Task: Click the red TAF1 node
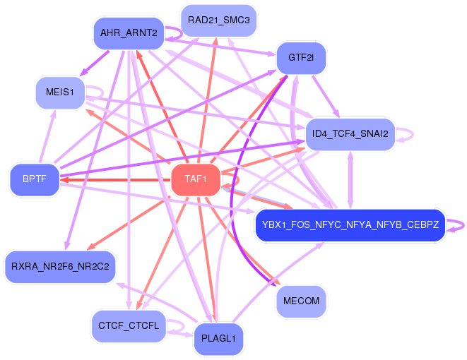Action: [x=196, y=180]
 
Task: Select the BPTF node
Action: [x=35, y=179]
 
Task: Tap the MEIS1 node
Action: [x=60, y=92]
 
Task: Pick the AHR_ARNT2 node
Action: [x=129, y=33]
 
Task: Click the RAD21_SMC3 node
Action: [x=218, y=20]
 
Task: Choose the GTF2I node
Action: [x=301, y=58]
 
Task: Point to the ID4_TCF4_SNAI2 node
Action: [x=350, y=134]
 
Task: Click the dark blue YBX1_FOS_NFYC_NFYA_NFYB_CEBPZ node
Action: [x=350, y=225]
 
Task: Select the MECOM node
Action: [x=301, y=301]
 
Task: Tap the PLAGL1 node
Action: [x=218, y=339]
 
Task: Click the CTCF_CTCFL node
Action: [x=129, y=326]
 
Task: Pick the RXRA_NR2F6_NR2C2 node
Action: [x=60, y=267]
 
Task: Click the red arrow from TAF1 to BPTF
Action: [x=116, y=180]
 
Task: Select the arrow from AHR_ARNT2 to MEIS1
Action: [x=95, y=63]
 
